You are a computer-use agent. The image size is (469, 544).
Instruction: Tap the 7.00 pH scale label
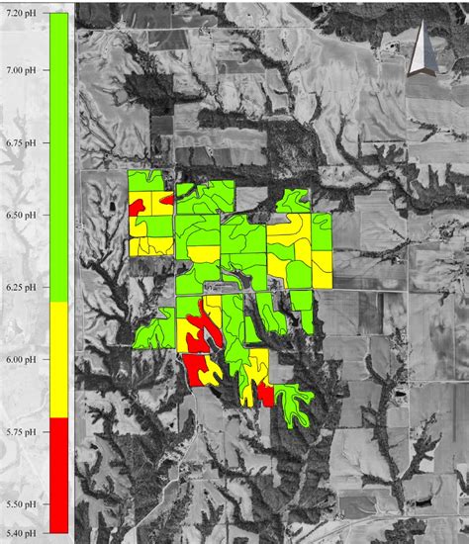(x=22, y=70)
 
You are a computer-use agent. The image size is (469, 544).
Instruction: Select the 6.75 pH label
(x=22, y=141)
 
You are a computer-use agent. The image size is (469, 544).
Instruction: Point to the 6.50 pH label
(x=22, y=214)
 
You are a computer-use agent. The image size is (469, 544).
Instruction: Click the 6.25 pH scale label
(x=22, y=287)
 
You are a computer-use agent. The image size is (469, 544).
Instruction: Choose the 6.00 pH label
(x=22, y=359)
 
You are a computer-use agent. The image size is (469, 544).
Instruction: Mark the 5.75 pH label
(x=22, y=432)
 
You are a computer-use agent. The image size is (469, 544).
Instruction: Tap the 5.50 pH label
(x=22, y=504)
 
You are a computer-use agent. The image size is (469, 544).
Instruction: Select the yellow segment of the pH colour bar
(x=58, y=359)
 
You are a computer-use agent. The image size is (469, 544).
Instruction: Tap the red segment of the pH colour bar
(x=58, y=474)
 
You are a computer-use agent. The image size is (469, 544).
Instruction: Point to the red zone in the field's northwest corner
(x=139, y=206)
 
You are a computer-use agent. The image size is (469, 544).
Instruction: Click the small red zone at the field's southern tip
(x=265, y=395)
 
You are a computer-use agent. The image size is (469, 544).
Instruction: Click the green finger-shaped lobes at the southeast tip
(x=295, y=407)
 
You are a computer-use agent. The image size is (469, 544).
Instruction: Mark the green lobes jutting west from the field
(x=148, y=332)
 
